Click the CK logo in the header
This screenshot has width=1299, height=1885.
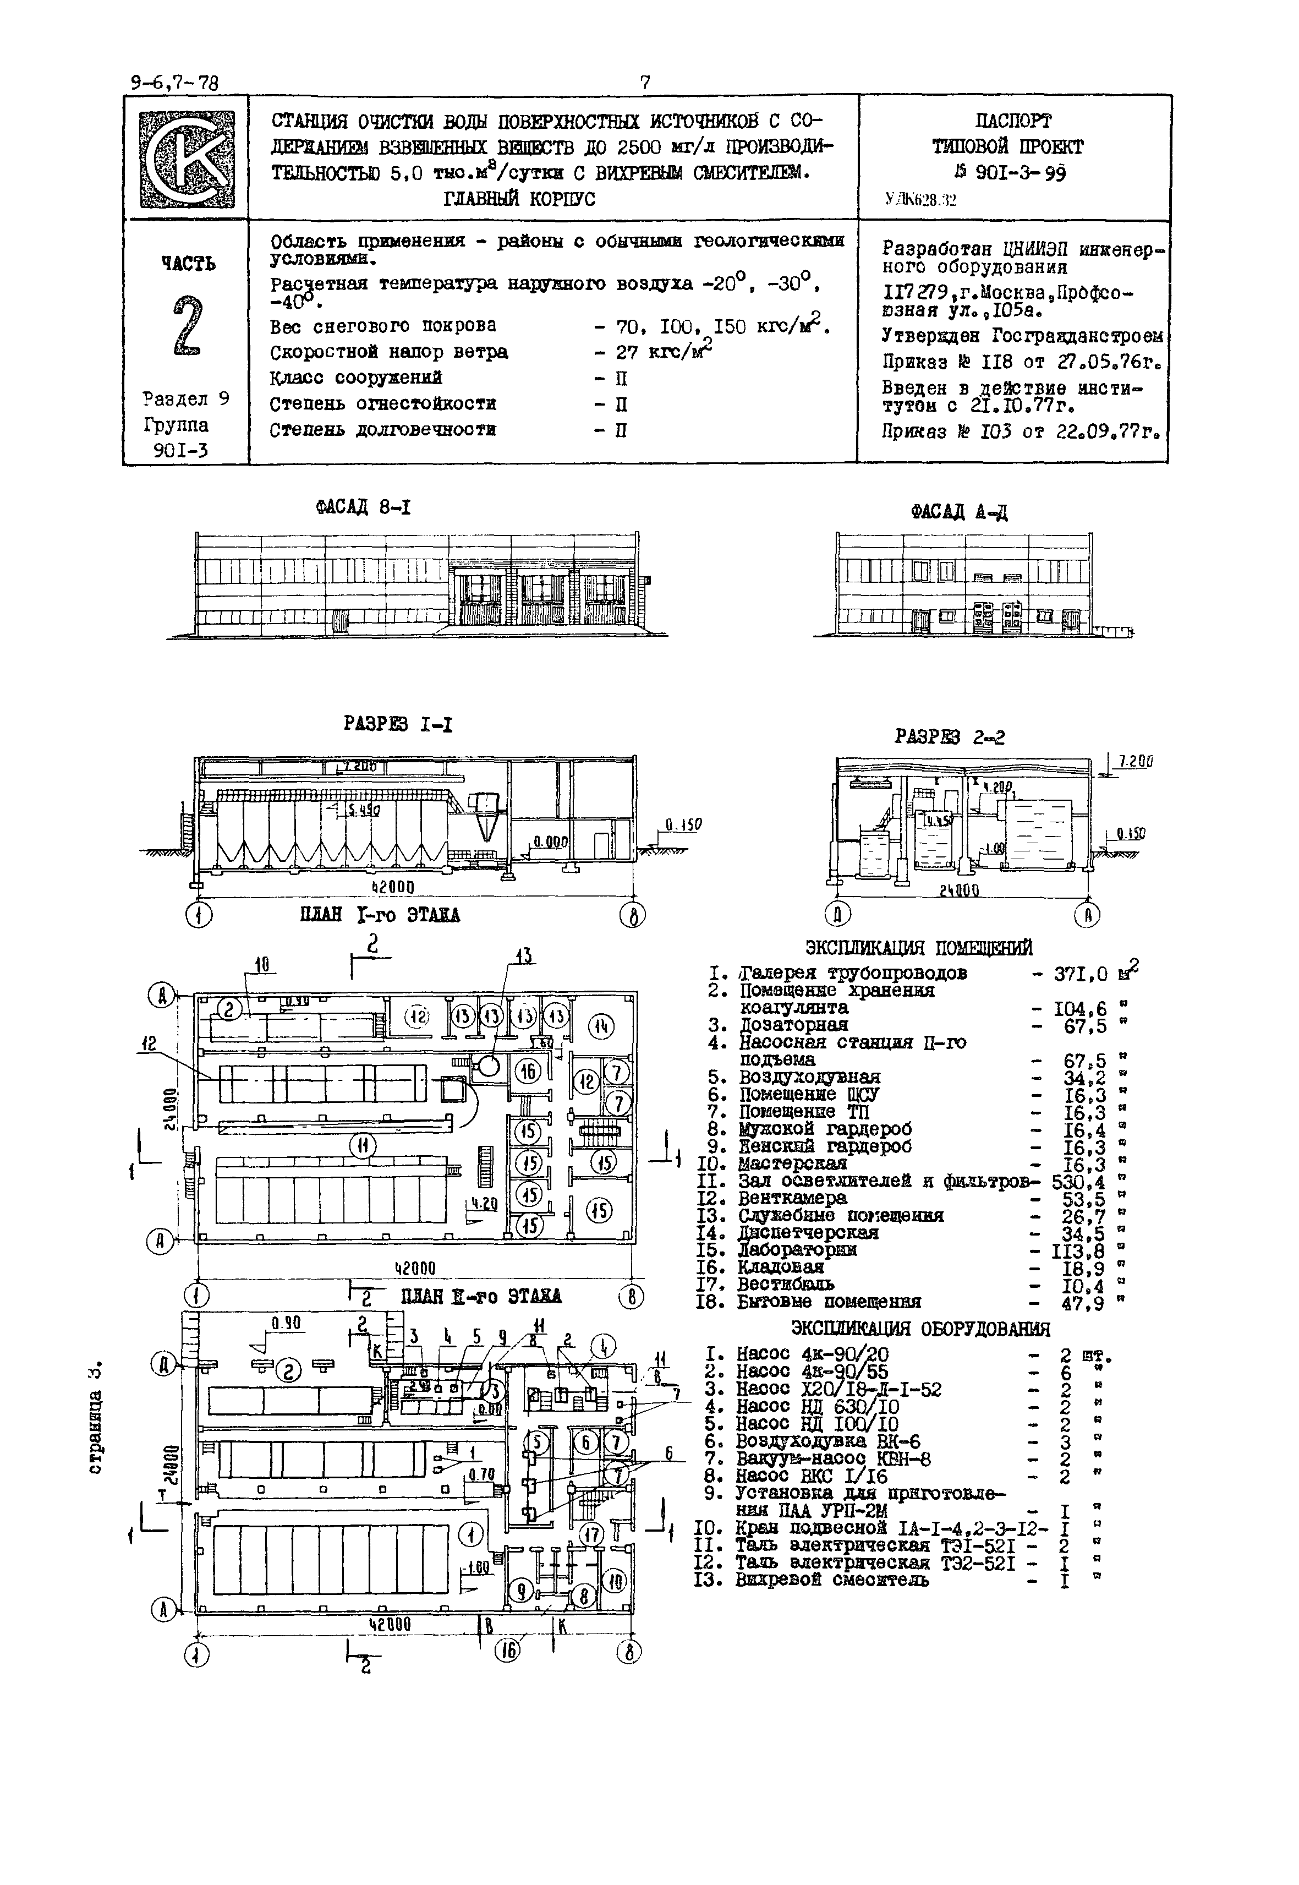click(187, 159)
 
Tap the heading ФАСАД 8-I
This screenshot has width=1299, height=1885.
click(363, 508)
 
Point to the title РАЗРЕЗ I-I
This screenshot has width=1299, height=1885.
click(398, 725)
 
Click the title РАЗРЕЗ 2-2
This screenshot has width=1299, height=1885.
click(949, 737)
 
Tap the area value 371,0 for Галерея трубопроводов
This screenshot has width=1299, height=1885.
click(1081, 974)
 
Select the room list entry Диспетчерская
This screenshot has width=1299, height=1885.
click(808, 1233)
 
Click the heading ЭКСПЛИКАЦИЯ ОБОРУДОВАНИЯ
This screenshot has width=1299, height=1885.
click(920, 1329)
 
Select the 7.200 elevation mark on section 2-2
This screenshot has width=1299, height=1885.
click(1134, 762)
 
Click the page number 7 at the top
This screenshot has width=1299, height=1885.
click(645, 82)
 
